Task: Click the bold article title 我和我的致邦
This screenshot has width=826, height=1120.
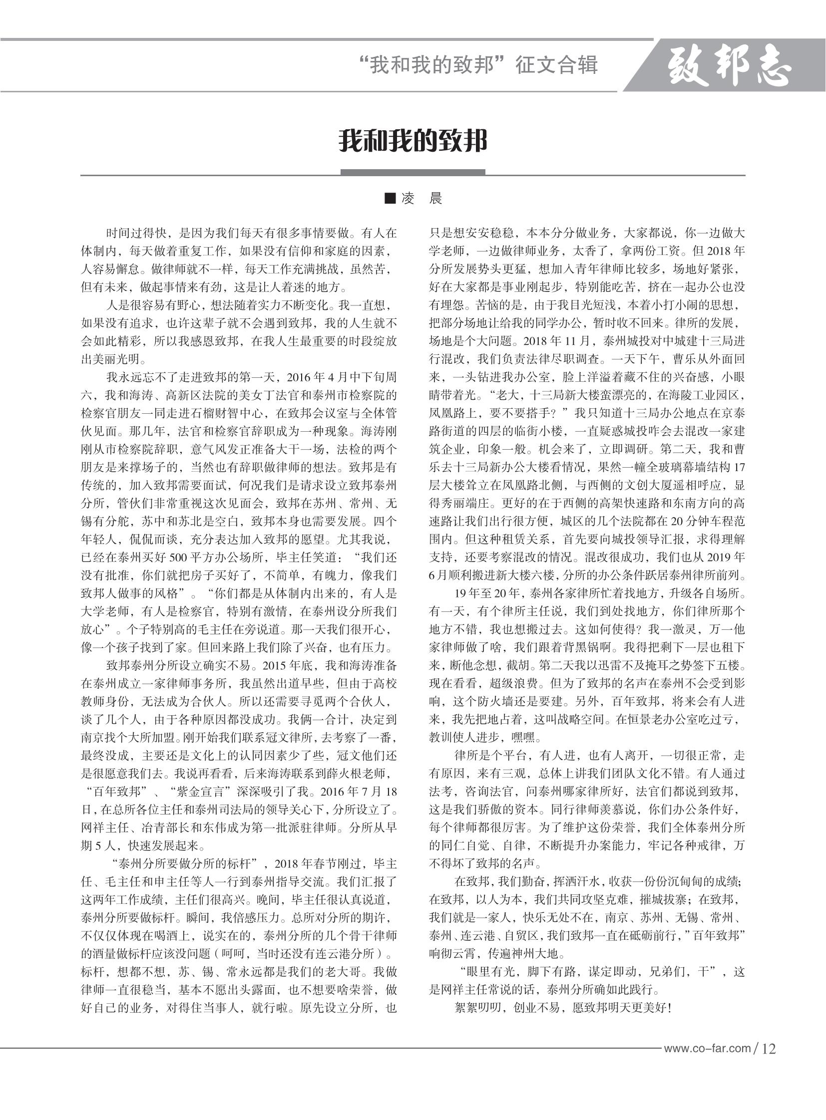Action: (413, 141)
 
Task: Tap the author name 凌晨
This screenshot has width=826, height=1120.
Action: (421, 199)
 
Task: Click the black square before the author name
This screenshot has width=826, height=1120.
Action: (390, 199)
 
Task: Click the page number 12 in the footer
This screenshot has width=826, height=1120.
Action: (769, 1049)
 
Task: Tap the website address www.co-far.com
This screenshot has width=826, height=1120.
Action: (707, 1048)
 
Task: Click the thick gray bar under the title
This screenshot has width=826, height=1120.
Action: (413, 172)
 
